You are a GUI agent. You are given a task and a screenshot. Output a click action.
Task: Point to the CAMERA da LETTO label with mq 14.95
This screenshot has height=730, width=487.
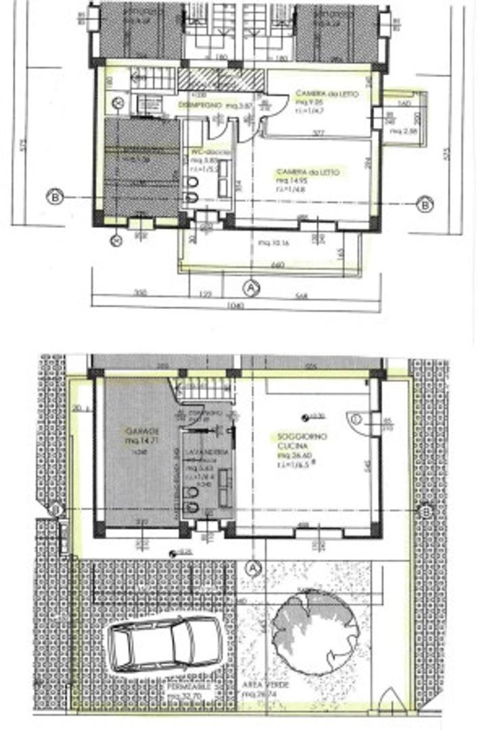pyautogui.click(x=308, y=173)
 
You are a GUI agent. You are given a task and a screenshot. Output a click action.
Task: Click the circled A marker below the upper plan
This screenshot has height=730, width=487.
pyautogui.click(x=251, y=288)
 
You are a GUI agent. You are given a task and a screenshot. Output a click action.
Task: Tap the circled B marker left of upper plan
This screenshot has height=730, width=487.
pyautogui.click(x=55, y=197)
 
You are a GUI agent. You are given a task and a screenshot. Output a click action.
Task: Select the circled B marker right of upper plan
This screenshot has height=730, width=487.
pyautogui.click(x=424, y=204)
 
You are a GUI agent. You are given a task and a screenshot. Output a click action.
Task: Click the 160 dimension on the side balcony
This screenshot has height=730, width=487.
pyautogui.click(x=404, y=103)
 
